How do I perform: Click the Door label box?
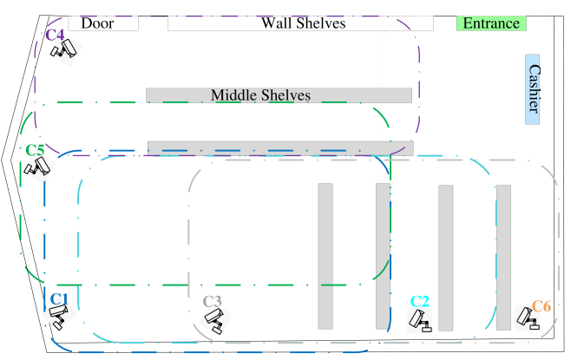[103, 23]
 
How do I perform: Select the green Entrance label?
[491, 23]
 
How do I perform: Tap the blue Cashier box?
[534, 90]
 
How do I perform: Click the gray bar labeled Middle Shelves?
[279, 95]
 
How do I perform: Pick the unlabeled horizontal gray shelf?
[280, 148]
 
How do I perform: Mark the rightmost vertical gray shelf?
[503, 257]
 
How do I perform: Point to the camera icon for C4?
[63, 53]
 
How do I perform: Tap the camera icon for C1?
[58, 314]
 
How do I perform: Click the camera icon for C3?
[213, 320]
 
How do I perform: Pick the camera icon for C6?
[527, 318]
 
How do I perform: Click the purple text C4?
[55, 35]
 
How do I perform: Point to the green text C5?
[35, 150]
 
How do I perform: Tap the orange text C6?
[541, 306]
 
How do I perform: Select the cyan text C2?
[420, 302]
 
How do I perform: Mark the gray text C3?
[213, 301]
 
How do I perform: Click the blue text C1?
[58, 299]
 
